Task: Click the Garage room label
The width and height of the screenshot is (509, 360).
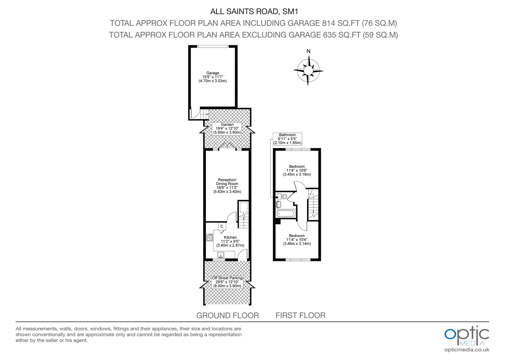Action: tap(213, 77)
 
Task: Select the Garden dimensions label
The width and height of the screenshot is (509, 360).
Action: tap(227, 128)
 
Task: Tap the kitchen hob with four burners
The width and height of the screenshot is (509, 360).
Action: tap(210, 237)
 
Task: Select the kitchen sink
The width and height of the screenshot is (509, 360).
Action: tap(221, 255)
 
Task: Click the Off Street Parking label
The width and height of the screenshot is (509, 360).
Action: tap(227, 282)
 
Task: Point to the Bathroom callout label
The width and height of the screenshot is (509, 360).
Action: tap(287, 139)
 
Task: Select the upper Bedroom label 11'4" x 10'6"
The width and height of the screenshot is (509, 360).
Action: tap(296, 170)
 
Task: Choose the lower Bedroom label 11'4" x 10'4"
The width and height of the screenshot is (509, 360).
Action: tap(296, 240)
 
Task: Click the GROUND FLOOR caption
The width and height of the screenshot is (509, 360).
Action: tap(228, 315)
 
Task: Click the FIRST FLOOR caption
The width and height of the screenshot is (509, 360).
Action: tap(300, 315)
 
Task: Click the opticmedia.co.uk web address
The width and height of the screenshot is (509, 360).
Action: tap(467, 350)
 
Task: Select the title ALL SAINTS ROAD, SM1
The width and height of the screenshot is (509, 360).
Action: tap(254, 11)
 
